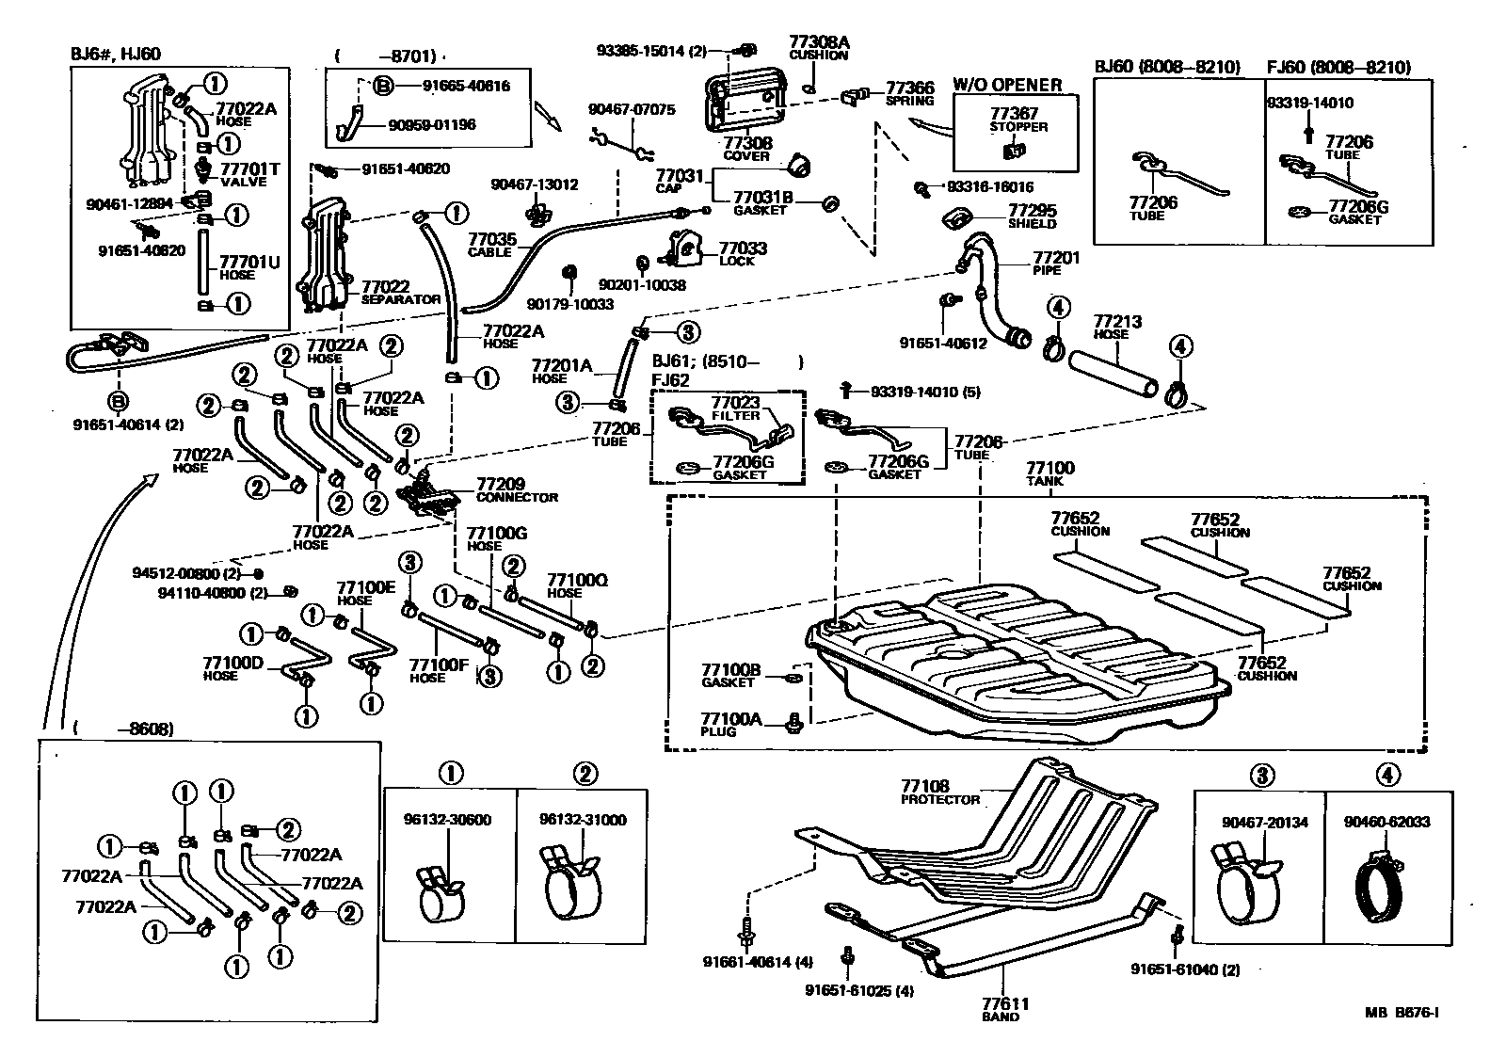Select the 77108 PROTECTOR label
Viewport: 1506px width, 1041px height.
click(938, 792)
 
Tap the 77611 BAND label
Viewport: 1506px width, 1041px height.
click(999, 1009)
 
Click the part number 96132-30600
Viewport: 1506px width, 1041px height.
click(449, 820)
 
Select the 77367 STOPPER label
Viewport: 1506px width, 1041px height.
click(1018, 119)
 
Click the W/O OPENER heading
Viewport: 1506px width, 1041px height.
click(1007, 85)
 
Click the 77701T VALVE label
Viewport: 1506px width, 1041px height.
click(249, 174)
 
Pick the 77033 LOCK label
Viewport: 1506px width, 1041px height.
click(742, 253)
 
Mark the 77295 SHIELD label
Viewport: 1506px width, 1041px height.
click(1032, 216)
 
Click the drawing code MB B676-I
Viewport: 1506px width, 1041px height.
click(1402, 1013)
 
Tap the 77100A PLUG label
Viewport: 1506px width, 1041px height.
click(729, 724)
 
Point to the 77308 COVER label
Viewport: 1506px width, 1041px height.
click(747, 148)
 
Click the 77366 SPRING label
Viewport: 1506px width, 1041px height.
click(908, 92)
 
